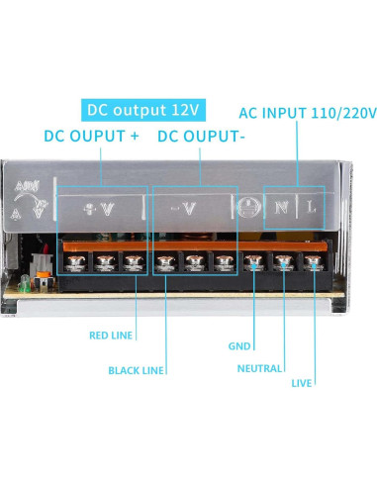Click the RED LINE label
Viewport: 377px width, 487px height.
(x=111, y=336)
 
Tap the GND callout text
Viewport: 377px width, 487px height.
(x=239, y=346)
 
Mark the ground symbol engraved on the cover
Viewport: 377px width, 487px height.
(x=247, y=207)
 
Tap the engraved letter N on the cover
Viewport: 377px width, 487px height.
(x=282, y=207)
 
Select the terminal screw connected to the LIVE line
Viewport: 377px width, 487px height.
(x=314, y=262)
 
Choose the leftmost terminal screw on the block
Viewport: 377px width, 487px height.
(x=74, y=262)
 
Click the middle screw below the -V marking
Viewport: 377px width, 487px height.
(x=195, y=262)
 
